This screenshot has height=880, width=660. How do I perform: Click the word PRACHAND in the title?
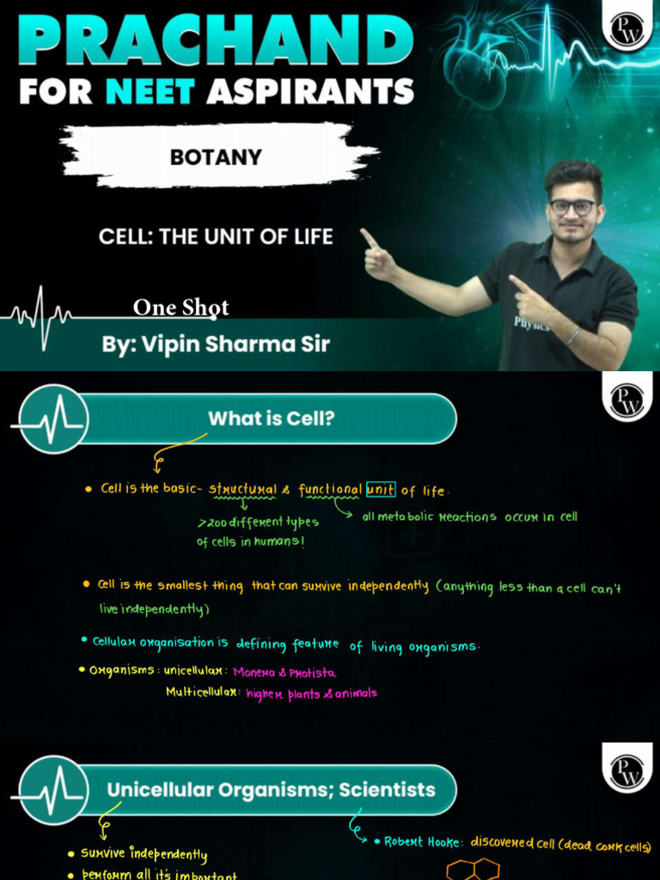click(x=215, y=40)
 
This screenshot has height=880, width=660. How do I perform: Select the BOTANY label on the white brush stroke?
click(x=215, y=157)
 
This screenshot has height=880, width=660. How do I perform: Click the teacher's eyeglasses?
click(x=572, y=207)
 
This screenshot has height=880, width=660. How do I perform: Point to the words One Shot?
click(x=181, y=308)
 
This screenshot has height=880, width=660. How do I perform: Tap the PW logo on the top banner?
click(x=627, y=29)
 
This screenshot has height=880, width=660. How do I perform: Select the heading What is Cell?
click(x=271, y=419)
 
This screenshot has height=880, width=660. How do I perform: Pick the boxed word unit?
click(x=381, y=490)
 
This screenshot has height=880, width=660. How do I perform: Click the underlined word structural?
click(x=243, y=490)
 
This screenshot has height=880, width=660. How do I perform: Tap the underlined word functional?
click(x=330, y=490)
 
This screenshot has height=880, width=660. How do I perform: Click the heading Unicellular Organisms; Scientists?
click(x=271, y=790)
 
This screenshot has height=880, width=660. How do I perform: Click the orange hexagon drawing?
click(x=474, y=869)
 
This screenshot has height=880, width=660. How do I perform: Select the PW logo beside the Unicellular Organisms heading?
click(x=627, y=769)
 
